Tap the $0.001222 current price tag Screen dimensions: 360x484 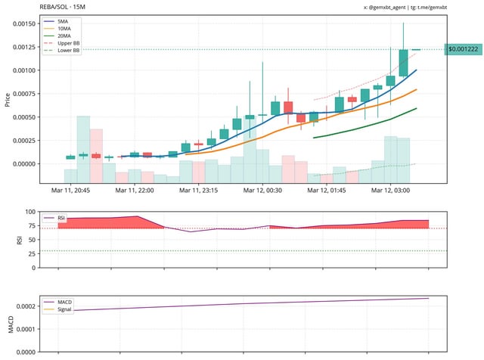click(x=463, y=49)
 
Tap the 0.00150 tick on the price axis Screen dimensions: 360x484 click(x=23, y=23)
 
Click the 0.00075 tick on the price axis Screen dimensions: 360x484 click(x=23, y=93)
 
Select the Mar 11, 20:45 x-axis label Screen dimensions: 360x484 click(x=70, y=191)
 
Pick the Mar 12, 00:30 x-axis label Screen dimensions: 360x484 click(x=264, y=191)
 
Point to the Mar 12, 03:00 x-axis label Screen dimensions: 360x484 click(x=391, y=191)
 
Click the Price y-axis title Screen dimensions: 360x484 click(x=8, y=98)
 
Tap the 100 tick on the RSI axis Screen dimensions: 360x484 click(x=30, y=213)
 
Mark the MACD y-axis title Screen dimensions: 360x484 click(x=10, y=324)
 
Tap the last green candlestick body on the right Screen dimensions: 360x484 click(x=403, y=63)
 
